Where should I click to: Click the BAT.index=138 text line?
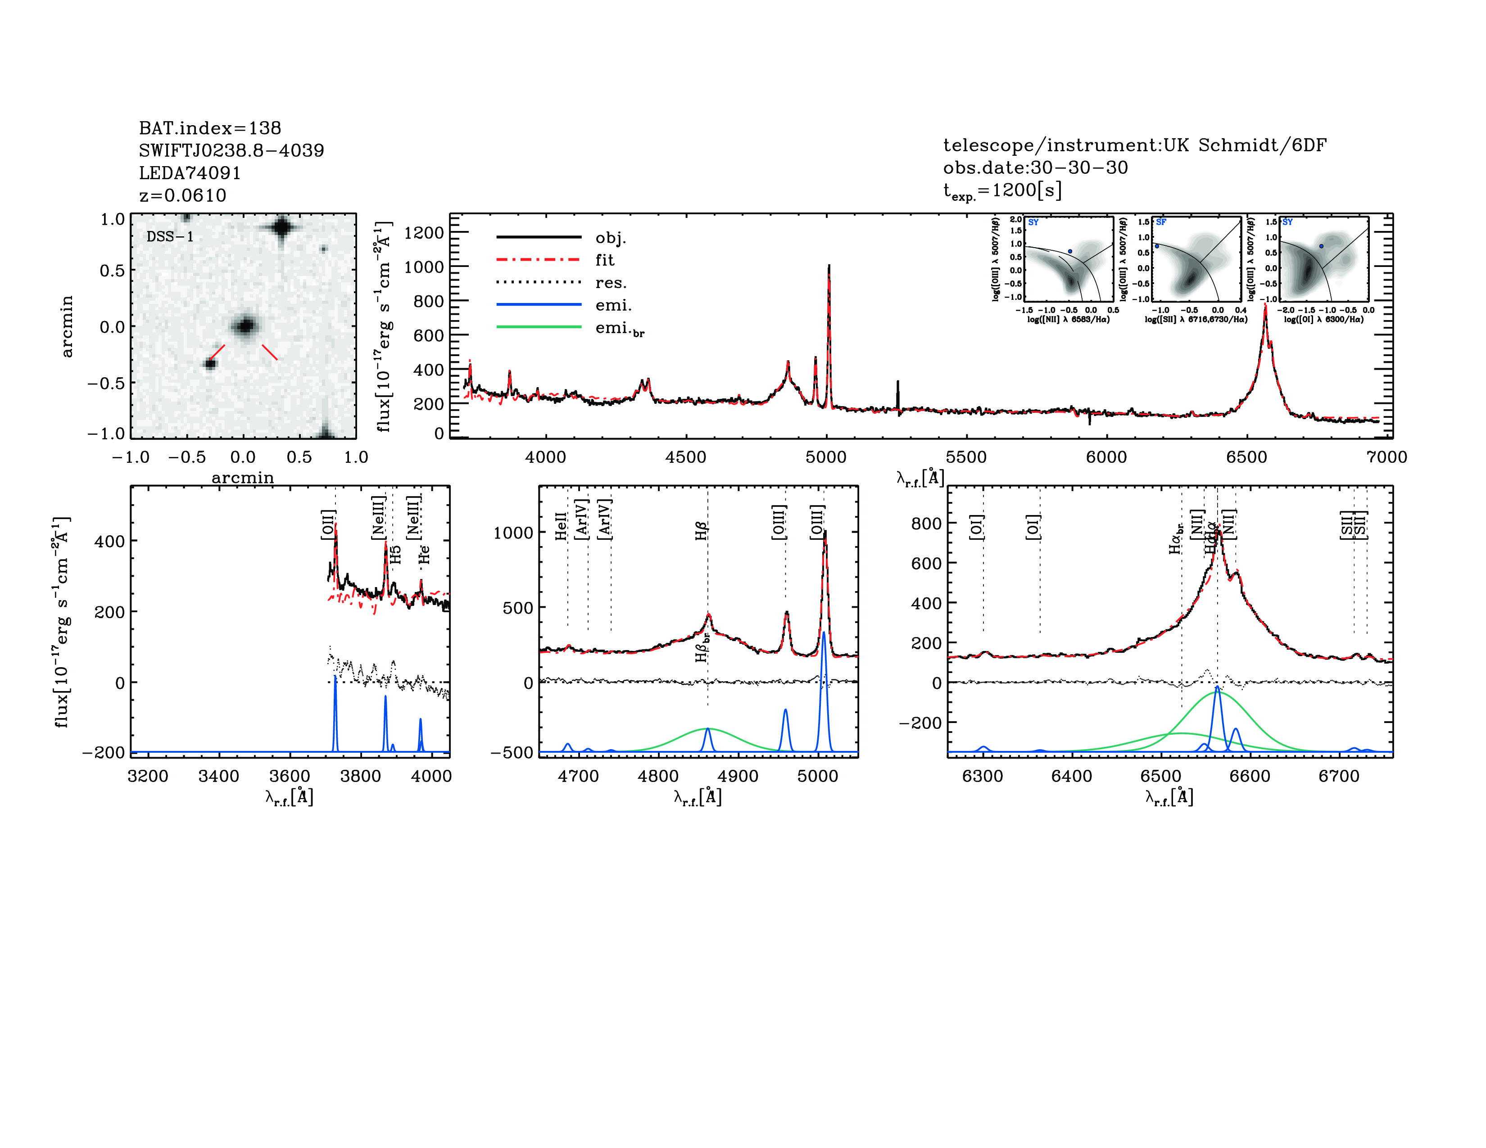point(209,128)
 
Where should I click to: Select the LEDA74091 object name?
point(190,173)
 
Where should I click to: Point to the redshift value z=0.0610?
point(182,195)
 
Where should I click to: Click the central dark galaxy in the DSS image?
point(244,326)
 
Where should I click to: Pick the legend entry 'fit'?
point(604,260)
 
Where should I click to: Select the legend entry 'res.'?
point(610,283)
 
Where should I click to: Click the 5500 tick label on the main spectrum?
point(966,457)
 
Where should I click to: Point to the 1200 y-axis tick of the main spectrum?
point(423,233)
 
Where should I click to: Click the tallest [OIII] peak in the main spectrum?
point(829,267)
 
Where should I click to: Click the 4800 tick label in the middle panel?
point(658,777)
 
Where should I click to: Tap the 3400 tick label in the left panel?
point(218,777)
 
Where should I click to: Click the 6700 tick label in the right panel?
point(1338,777)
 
